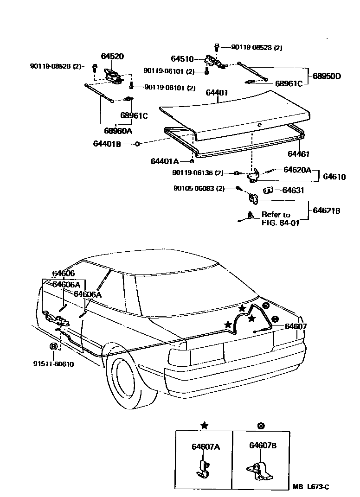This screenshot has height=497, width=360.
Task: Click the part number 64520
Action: point(112,57)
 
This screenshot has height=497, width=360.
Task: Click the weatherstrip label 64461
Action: point(298,154)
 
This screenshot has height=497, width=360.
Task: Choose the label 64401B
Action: point(107,144)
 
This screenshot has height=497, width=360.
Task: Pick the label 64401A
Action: point(164,161)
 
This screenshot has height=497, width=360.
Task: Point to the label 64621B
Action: point(327,210)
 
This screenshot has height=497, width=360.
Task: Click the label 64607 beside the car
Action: point(296,326)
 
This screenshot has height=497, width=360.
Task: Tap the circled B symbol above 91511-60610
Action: point(54,346)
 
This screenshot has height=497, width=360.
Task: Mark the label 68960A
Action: point(118,131)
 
